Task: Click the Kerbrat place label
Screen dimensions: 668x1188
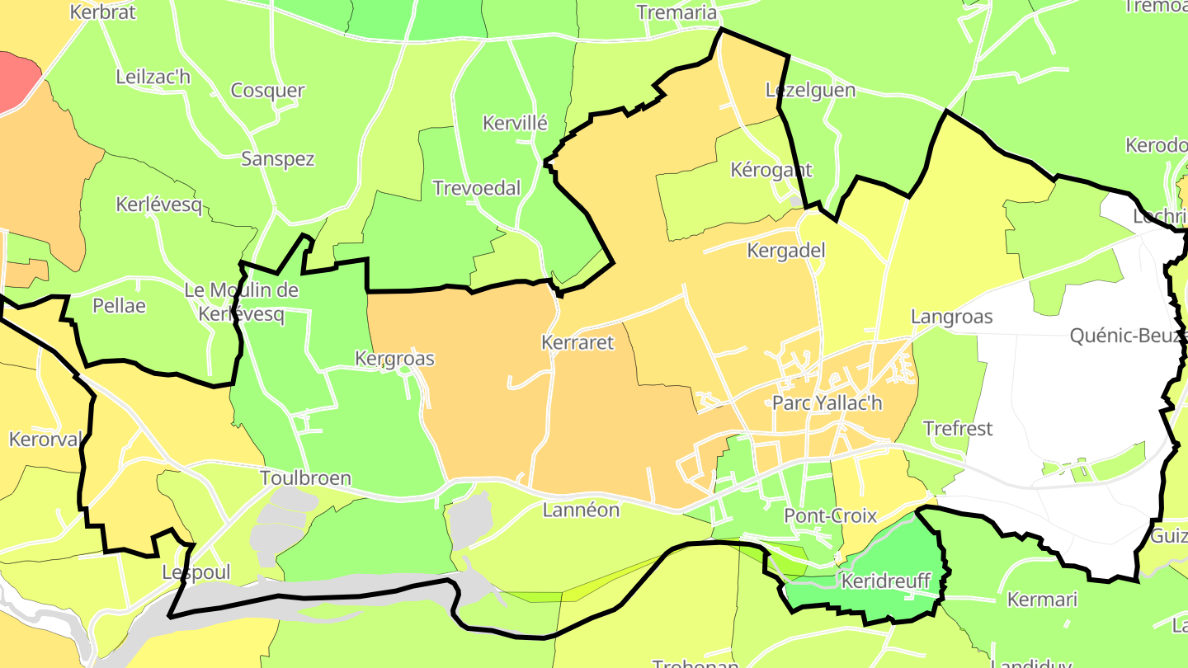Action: (x=103, y=12)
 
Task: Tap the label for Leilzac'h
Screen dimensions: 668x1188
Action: (x=153, y=78)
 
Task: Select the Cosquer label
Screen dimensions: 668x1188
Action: (x=267, y=91)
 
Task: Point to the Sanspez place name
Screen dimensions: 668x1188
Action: (x=278, y=159)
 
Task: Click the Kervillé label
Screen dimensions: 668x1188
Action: (x=515, y=124)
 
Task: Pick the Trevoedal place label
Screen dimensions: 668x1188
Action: (x=477, y=188)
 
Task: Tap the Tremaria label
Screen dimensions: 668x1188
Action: (x=677, y=12)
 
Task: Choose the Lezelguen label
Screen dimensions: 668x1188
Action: (x=810, y=90)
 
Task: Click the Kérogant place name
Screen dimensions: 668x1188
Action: (x=771, y=170)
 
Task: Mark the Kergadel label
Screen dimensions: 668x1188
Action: (x=786, y=251)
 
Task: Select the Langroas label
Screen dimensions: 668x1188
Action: (x=951, y=317)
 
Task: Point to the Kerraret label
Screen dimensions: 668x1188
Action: (x=577, y=342)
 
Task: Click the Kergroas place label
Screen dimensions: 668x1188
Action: (x=394, y=359)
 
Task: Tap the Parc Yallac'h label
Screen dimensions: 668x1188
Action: (x=827, y=403)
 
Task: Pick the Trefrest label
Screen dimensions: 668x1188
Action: (x=958, y=429)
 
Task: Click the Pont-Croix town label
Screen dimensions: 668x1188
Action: (x=830, y=516)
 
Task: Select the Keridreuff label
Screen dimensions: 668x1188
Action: (x=884, y=581)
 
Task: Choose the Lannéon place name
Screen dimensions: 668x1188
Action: (x=581, y=510)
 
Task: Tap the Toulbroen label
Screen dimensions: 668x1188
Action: (x=305, y=478)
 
